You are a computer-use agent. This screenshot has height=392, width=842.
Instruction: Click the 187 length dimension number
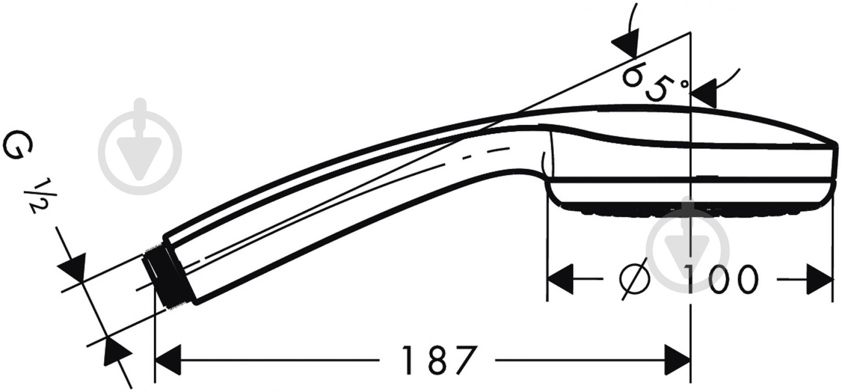click(x=439, y=360)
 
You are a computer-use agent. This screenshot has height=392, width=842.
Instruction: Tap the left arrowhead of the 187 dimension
click(x=168, y=360)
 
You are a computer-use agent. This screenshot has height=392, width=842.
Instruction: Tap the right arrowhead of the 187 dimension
click(x=678, y=360)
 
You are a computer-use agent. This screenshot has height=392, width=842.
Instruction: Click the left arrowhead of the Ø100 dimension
click(x=560, y=279)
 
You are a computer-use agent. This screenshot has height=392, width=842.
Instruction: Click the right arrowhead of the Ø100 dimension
click(x=820, y=279)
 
